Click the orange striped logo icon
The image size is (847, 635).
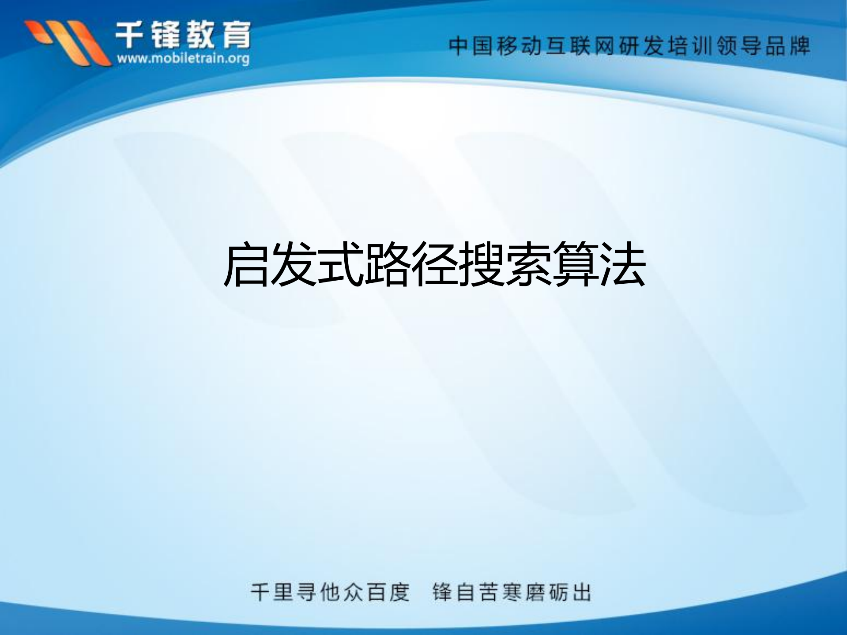(66, 42)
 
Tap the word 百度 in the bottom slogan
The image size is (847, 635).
(388, 592)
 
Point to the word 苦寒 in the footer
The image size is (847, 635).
(501, 592)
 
